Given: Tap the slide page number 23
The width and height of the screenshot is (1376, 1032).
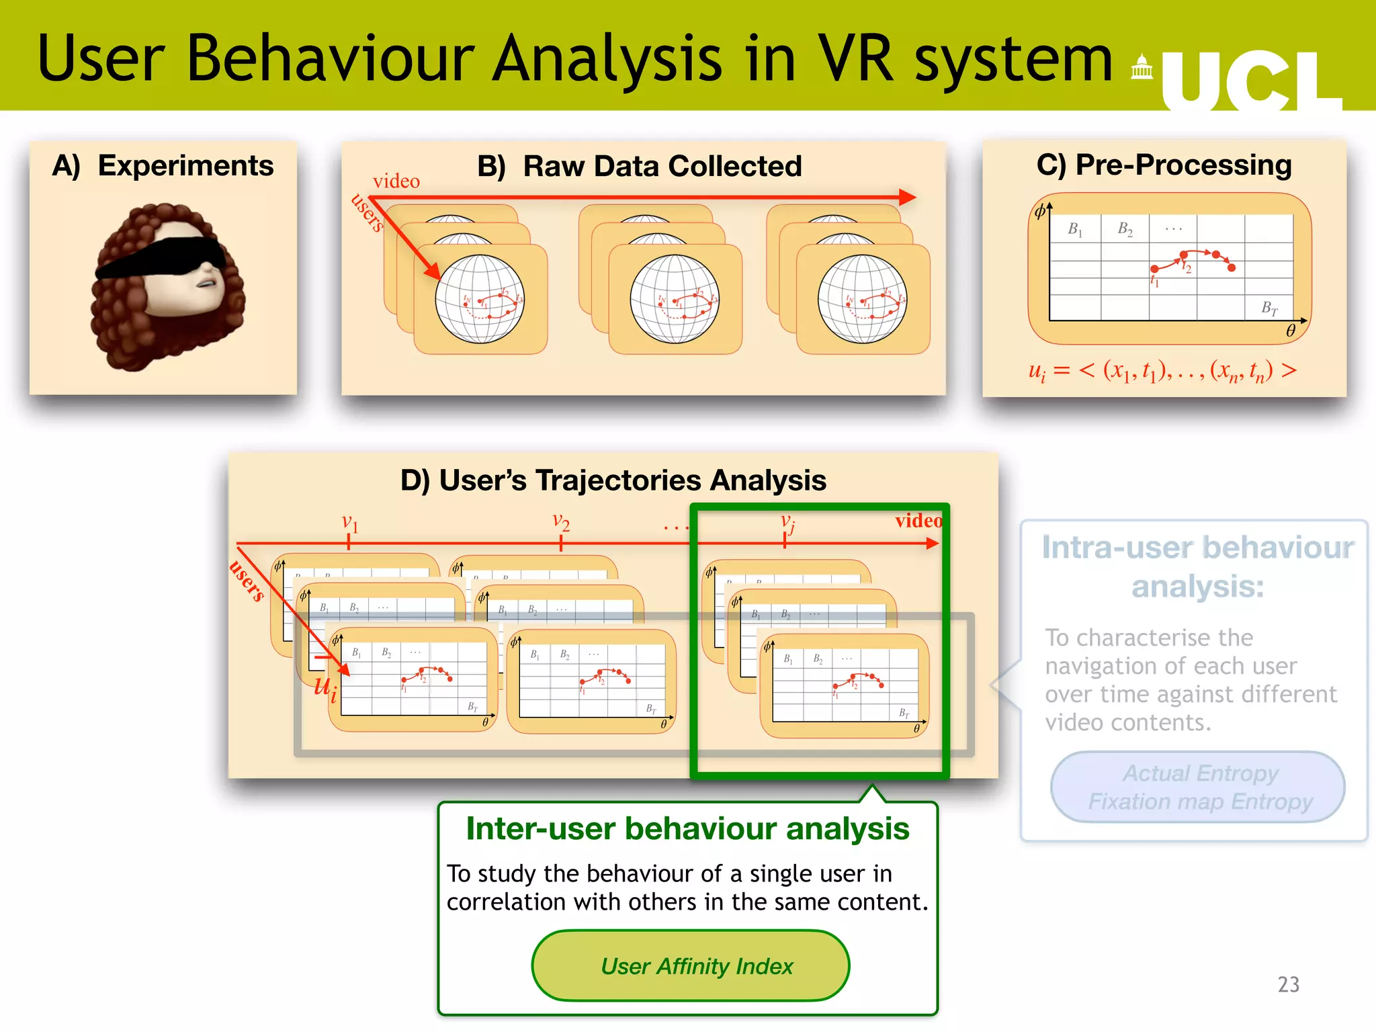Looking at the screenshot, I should pyautogui.click(x=1288, y=984).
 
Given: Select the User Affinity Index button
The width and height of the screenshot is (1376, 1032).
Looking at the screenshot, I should pyautogui.click(x=691, y=966).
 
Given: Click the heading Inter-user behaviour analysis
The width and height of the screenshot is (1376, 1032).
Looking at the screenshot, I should pyautogui.click(x=687, y=829).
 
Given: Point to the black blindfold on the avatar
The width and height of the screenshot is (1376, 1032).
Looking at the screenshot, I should pyautogui.click(x=161, y=258).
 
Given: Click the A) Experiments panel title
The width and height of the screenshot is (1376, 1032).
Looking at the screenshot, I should pyautogui.click(x=163, y=166).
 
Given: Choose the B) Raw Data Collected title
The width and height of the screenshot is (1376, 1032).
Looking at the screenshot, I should pyautogui.click(x=640, y=167).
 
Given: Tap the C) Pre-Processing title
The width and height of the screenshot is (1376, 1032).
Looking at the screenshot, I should pyautogui.click(x=1164, y=165).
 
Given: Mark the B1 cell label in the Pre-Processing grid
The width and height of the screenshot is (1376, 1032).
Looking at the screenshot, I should pyautogui.click(x=1075, y=230).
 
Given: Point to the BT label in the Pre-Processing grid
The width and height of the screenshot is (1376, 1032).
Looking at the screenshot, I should pyautogui.click(x=1269, y=308).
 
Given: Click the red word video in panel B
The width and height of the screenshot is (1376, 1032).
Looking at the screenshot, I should pyautogui.click(x=396, y=181).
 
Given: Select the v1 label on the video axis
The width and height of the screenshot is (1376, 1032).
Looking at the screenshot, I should pyautogui.click(x=350, y=523).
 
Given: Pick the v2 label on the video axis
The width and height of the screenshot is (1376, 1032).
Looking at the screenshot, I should pyautogui.click(x=561, y=521).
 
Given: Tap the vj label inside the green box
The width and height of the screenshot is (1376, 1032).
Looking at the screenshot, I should pyautogui.click(x=787, y=523).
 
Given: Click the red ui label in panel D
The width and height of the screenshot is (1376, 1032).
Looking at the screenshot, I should pyautogui.click(x=326, y=687).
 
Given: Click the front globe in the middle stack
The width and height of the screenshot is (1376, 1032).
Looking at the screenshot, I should pyautogui.click(x=674, y=299).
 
